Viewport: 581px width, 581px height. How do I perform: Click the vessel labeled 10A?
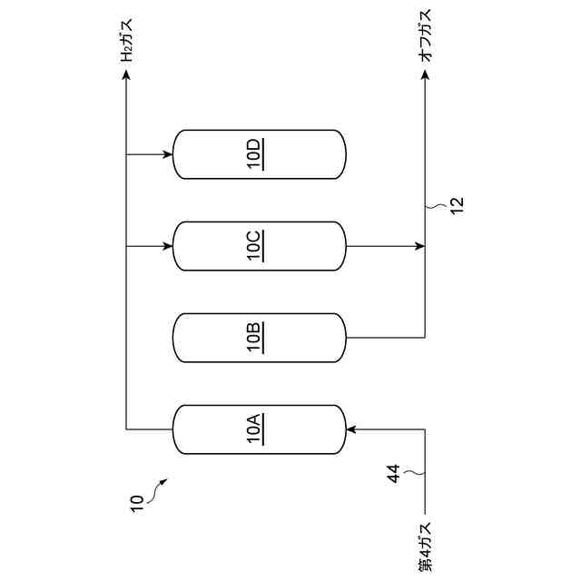[259, 429]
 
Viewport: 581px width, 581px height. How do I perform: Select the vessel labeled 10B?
[259, 338]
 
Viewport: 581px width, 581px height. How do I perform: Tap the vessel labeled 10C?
[259, 246]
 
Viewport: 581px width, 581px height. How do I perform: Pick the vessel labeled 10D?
[259, 154]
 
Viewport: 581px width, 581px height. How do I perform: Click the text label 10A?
[255, 429]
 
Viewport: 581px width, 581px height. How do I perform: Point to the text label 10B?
[255, 338]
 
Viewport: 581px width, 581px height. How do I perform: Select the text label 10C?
[255, 246]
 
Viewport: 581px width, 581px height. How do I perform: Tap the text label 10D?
[255, 154]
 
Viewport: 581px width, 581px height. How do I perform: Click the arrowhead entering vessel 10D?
[168, 154]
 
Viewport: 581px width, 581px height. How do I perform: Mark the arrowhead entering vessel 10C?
[168, 246]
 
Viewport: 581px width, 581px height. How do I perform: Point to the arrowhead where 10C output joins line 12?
[419, 246]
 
